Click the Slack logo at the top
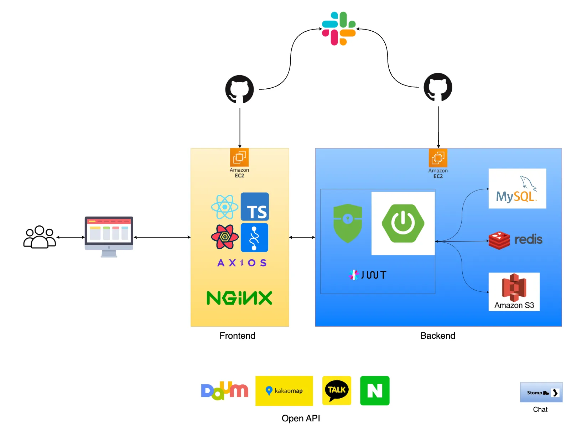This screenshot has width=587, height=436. click(x=339, y=28)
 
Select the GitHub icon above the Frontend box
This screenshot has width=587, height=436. click(x=239, y=89)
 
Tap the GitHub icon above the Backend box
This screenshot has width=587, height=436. click(x=438, y=87)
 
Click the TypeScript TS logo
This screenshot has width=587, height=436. click(x=255, y=207)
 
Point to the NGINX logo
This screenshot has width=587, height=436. click(x=239, y=298)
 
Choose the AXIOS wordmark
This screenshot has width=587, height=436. click(x=242, y=263)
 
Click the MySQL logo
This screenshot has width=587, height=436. click(x=517, y=188)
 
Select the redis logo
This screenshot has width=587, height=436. click(x=515, y=240)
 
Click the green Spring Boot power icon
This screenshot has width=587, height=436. click(x=403, y=223)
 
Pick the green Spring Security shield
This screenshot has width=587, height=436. click(x=348, y=223)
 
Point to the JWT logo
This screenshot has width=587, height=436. click(x=368, y=275)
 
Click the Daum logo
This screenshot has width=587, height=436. click(x=224, y=391)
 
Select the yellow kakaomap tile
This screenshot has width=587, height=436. click(x=284, y=391)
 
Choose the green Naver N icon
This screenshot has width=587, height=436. click(x=375, y=391)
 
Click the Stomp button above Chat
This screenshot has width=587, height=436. click(x=541, y=392)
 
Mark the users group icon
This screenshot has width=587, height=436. click(x=40, y=237)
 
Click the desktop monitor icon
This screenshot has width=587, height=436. click(x=109, y=237)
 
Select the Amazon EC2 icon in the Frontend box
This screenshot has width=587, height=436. click(x=239, y=158)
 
